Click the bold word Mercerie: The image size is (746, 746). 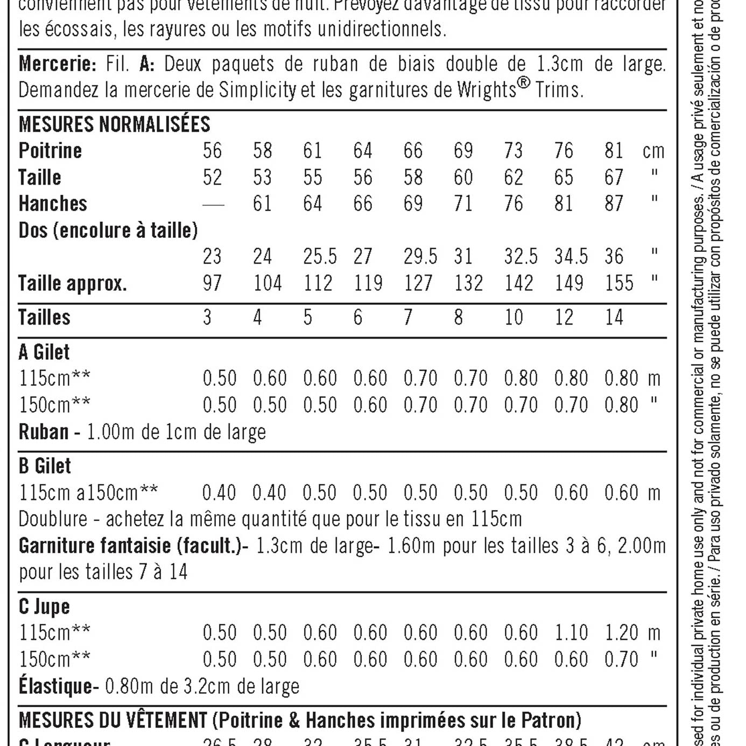[x=57, y=64]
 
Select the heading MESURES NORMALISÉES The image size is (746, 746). [x=114, y=124]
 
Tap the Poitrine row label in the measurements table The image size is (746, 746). [x=50, y=151]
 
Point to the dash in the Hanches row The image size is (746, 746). [x=213, y=205]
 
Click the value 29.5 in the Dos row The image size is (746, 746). [x=420, y=257]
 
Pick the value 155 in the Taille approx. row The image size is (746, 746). [x=619, y=283]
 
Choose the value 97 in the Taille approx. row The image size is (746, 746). [x=212, y=283]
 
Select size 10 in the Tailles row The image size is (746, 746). [x=513, y=318]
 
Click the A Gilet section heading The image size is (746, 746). [x=44, y=352]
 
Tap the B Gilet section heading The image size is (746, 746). [x=45, y=466]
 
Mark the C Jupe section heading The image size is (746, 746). [x=44, y=607]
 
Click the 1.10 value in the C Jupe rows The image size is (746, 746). [x=571, y=633]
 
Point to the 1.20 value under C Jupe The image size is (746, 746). [x=621, y=633]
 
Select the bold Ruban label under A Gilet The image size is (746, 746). [x=44, y=432]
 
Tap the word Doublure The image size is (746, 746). [x=53, y=519]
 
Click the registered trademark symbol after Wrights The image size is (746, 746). [x=524, y=83]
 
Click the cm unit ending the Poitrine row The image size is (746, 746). [x=653, y=151]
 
